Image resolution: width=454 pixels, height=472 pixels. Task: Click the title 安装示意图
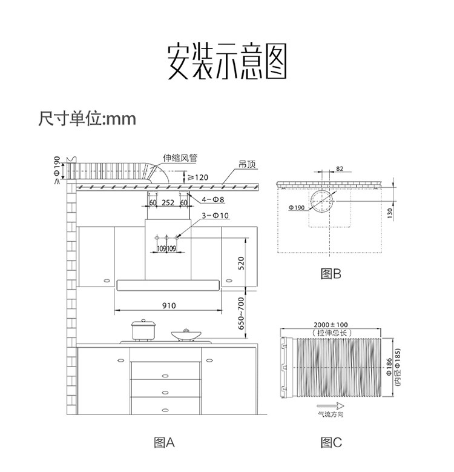click(226, 61)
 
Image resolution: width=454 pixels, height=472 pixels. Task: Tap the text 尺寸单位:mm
click(87, 118)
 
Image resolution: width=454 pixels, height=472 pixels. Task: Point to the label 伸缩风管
click(180, 158)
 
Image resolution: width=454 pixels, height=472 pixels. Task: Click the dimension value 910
click(169, 305)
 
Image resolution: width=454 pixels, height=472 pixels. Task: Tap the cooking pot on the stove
click(143, 330)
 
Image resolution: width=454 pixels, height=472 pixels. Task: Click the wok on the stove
click(186, 334)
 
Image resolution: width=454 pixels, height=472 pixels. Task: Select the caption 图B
click(331, 274)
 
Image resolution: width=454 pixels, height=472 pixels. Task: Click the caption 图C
click(331, 443)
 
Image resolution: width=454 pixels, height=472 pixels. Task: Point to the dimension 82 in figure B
click(339, 168)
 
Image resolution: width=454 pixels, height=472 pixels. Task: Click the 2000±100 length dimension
click(331, 325)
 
